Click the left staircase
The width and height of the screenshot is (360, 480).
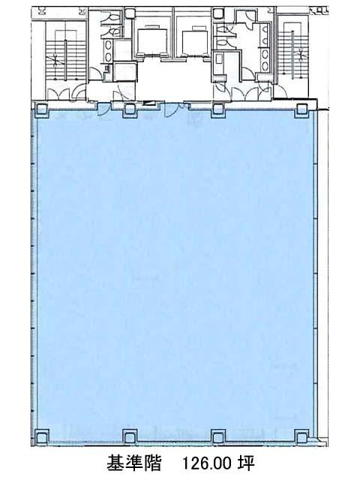(x=66, y=59)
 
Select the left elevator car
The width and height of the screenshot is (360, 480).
(x=151, y=40)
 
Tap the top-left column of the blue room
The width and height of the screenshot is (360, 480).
(x=41, y=109)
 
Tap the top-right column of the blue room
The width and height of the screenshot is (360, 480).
(x=301, y=110)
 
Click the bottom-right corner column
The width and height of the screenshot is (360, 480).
(x=301, y=436)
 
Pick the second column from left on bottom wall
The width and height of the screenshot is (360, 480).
(x=130, y=436)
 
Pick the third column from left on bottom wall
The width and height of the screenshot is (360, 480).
(x=217, y=436)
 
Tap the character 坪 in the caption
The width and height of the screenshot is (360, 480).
(x=247, y=463)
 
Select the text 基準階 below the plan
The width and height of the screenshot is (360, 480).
(x=133, y=463)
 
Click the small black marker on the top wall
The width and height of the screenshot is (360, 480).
(x=148, y=103)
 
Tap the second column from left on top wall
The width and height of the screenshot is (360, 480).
(x=130, y=110)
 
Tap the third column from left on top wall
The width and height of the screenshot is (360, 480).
(x=217, y=110)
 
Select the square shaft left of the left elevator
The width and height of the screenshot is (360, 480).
(x=130, y=13)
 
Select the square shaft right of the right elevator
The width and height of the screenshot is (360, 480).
(x=218, y=13)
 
